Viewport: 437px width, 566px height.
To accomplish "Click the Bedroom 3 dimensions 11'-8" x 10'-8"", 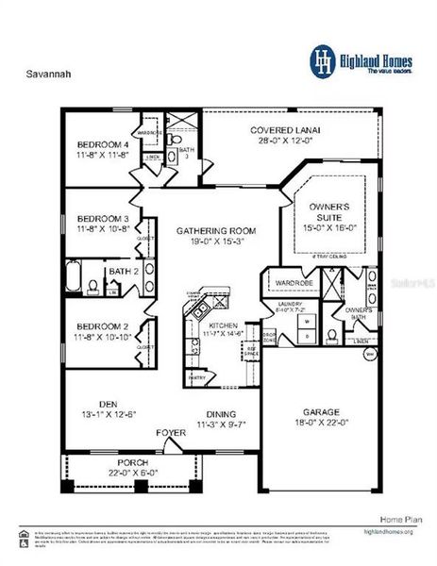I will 103,228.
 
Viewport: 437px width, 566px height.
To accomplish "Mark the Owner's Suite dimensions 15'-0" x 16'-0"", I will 324,226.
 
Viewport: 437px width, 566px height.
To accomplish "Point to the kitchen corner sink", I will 194,295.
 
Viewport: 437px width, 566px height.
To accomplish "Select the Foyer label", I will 170,435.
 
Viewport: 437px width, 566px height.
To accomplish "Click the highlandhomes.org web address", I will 389,532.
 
